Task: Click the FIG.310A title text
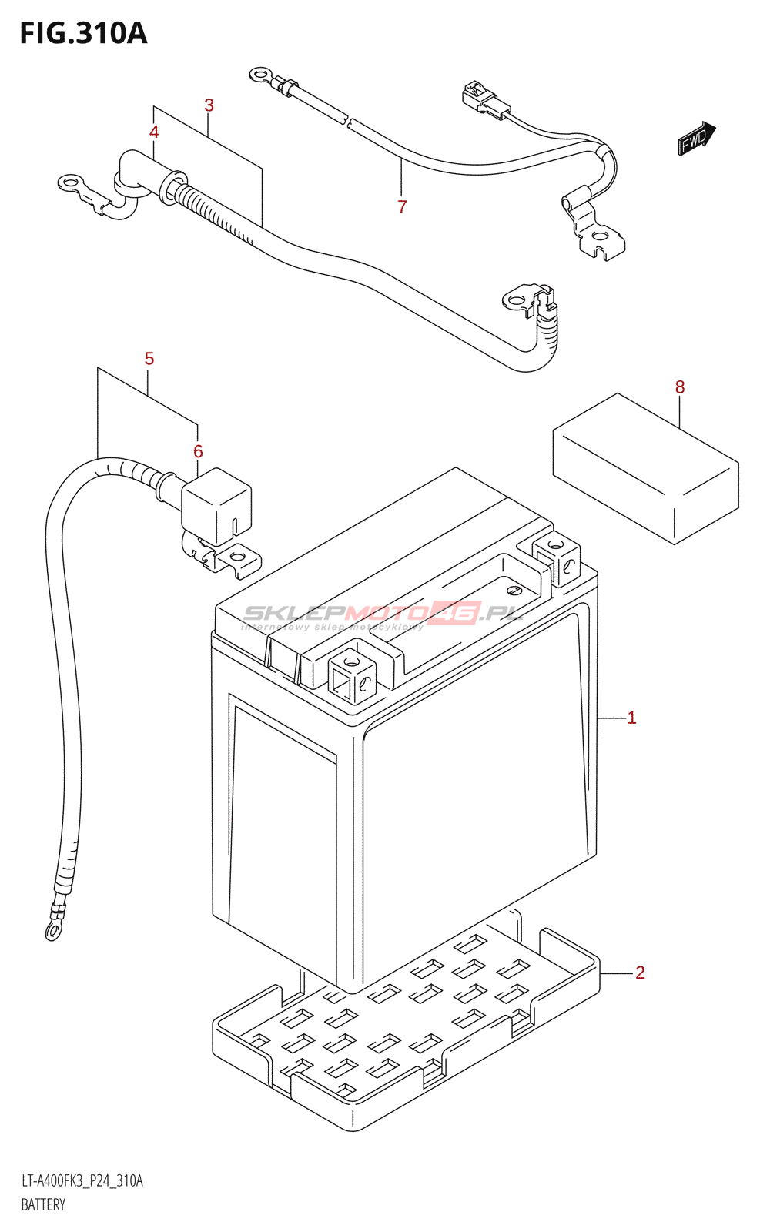pos(83,33)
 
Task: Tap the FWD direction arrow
pos(696,139)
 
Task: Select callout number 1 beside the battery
pos(631,718)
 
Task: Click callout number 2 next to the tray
pos(640,973)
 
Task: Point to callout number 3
pos(209,105)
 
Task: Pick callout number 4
pos(154,132)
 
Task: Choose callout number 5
pos(149,358)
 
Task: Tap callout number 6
pos(198,451)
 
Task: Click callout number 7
pos(402,206)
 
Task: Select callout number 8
pos(680,387)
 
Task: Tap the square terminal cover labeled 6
pos(216,504)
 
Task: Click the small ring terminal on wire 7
pos(259,75)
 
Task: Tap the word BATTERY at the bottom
pos(43,1204)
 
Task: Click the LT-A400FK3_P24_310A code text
pos(82,1181)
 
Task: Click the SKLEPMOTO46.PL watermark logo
pos(383,614)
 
